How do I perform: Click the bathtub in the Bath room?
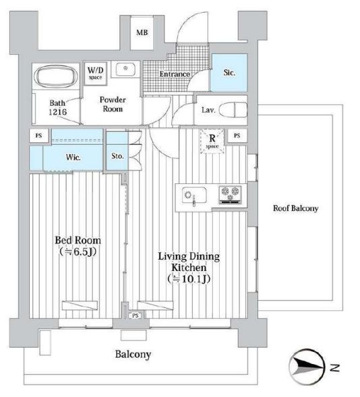point(57,77)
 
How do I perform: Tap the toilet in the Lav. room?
point(233,110)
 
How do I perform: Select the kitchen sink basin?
point(194,195)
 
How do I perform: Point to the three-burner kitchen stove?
point(230,194)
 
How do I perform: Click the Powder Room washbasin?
point(125,69)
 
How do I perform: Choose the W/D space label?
point(95,73)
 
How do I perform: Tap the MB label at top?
point(142,32)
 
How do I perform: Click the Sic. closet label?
point(229,73)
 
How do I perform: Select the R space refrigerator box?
point(212,142)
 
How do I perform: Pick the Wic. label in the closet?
point(73,157)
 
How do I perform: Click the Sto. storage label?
point(118,156)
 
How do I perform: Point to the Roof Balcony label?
point(295,208)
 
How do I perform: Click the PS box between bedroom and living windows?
point(136,315)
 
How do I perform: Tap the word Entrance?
point(175,74)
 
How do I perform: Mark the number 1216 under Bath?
point(58,112)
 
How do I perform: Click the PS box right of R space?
point(237,135)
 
